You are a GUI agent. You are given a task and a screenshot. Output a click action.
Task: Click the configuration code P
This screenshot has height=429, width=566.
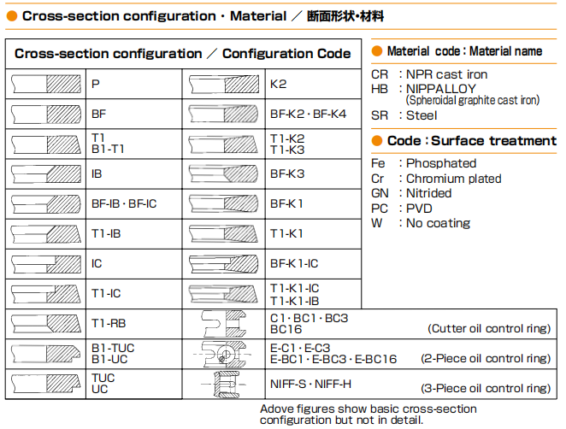pos(96,85)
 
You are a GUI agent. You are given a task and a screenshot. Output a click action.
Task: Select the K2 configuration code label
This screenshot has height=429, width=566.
pos(278,85)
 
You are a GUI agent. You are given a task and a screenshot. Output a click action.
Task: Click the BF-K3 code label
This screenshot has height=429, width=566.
pos(286,173)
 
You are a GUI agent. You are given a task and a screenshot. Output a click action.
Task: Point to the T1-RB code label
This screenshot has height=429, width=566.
pos(109,323)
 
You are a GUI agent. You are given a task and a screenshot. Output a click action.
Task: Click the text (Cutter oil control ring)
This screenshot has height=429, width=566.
pos(488,329)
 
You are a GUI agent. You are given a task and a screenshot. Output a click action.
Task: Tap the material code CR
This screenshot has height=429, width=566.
pos(379,74)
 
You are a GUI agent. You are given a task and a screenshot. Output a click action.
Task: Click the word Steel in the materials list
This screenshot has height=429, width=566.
pos(422,115)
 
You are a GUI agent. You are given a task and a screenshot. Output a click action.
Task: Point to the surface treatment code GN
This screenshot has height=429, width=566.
pos(380,193)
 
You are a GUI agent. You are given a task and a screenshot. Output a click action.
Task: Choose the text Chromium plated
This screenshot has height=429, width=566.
pos(453,179)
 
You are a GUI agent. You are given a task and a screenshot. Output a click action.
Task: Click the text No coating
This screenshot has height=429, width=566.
pos(438,223)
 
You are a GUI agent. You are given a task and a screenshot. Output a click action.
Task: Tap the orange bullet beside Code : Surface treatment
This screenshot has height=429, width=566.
pos(377,141)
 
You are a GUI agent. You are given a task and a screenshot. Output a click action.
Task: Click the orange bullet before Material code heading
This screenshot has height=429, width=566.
pos(377,51)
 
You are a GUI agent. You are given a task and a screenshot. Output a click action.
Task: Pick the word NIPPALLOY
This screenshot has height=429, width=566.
pos(442,88)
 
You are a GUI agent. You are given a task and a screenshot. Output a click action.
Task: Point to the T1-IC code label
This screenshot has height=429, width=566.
pos(106,293)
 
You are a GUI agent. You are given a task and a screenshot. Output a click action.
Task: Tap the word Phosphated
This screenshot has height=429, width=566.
pos(441,163)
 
